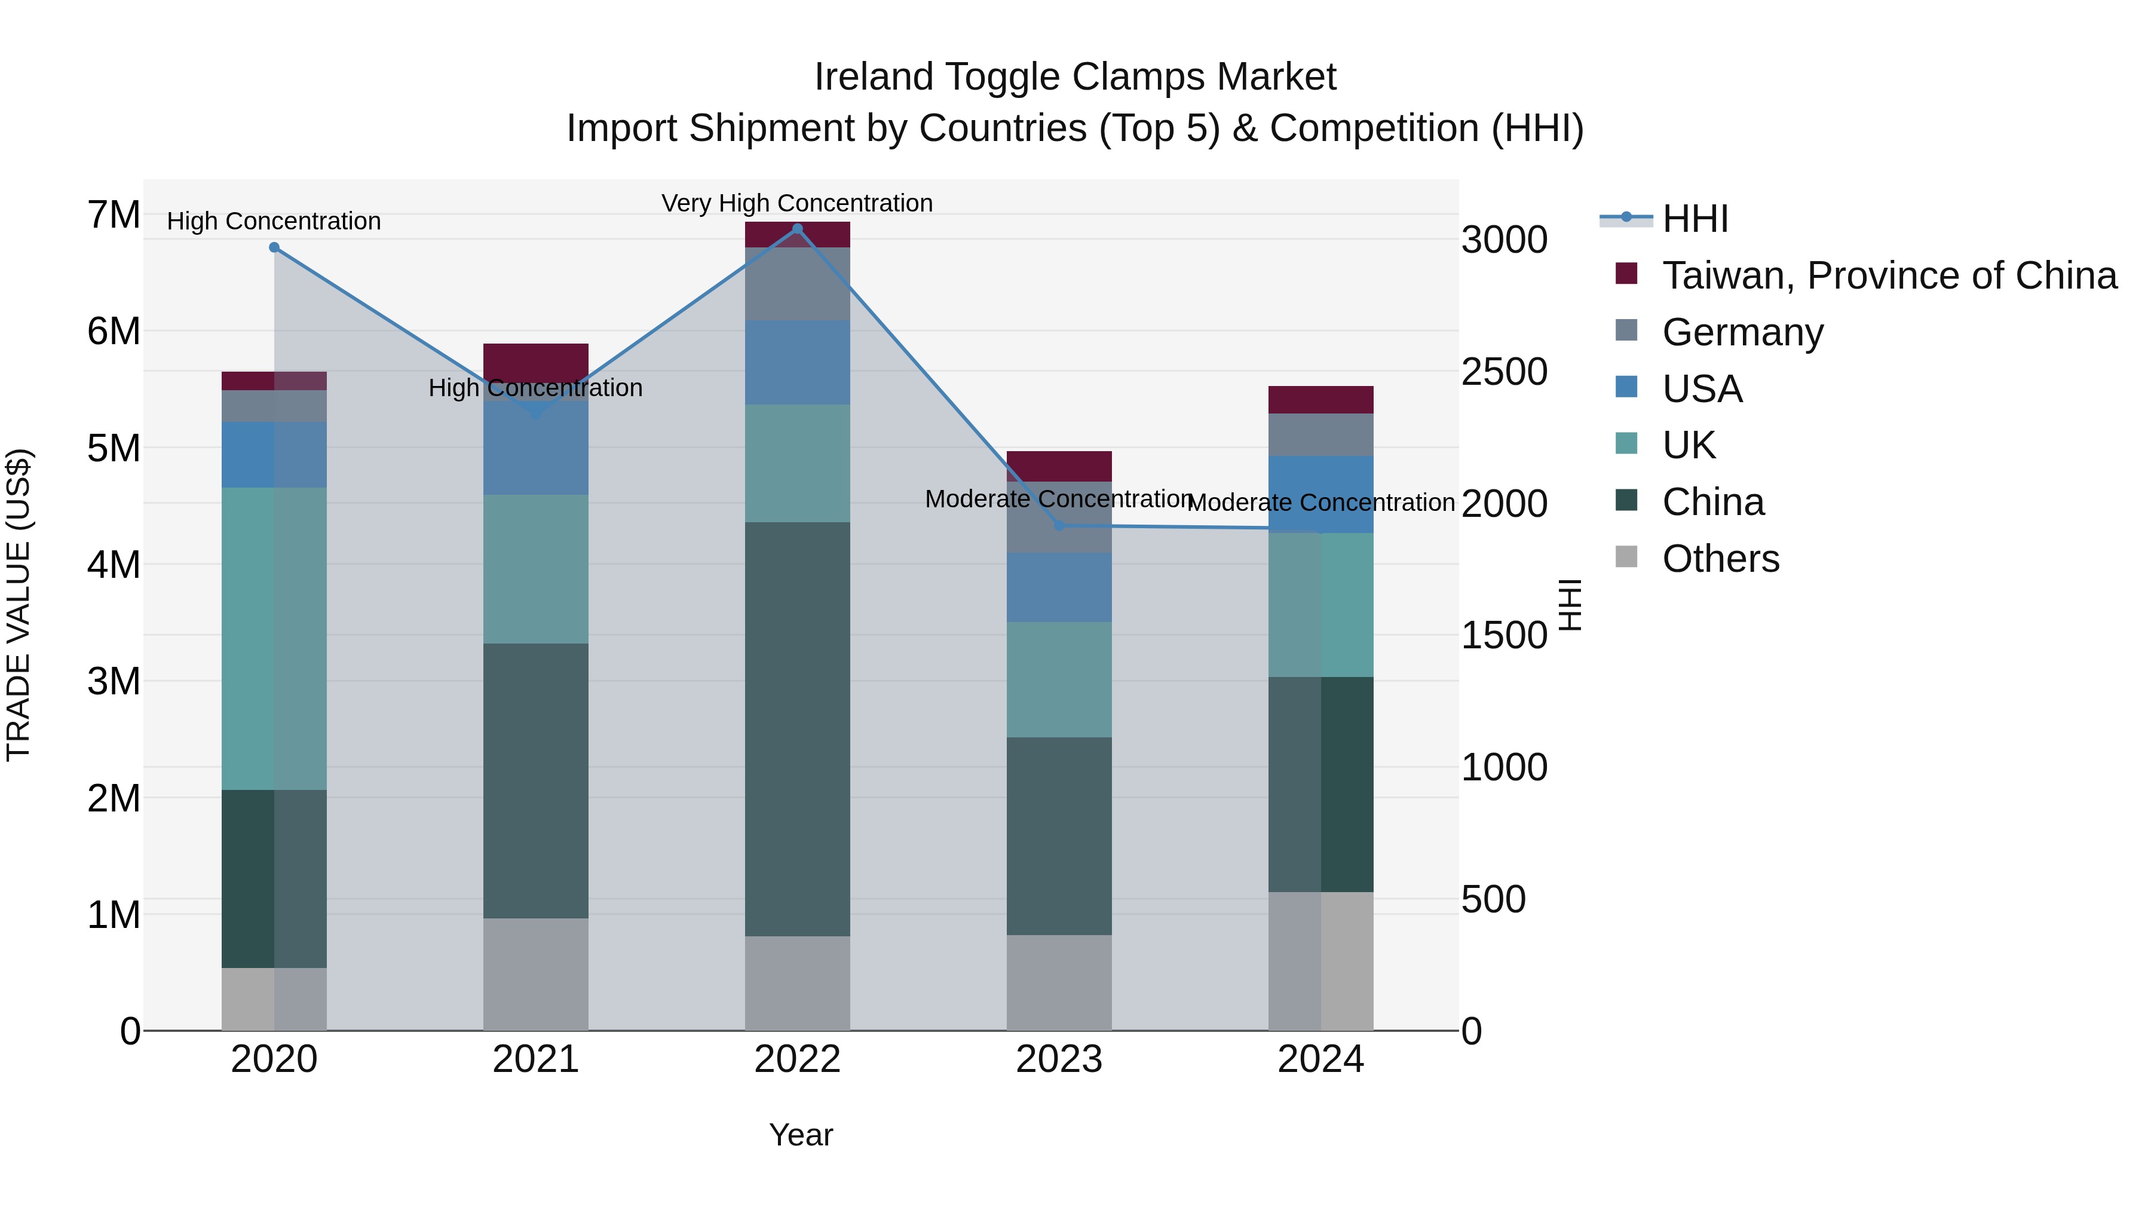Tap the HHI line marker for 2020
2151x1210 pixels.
(x=274, y=247)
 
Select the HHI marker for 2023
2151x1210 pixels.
(x=1059, y=525)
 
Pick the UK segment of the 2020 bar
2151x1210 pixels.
(x=274, y=638)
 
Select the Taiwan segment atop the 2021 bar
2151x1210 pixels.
(x=535, y=359)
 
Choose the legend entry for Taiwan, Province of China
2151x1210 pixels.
(x=1889, y=275)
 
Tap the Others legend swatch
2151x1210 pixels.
(x=1626, y=556)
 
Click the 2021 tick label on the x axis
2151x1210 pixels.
(x=535, y=1059)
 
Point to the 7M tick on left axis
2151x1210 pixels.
(x=114, y=216)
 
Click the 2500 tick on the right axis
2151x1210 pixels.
(x=1504, y=372)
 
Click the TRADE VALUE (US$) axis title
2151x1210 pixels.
(x=19, y=605)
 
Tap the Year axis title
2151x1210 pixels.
(x=800, y=1135)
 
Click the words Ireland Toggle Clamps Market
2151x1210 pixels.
(x=1075, y=77)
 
